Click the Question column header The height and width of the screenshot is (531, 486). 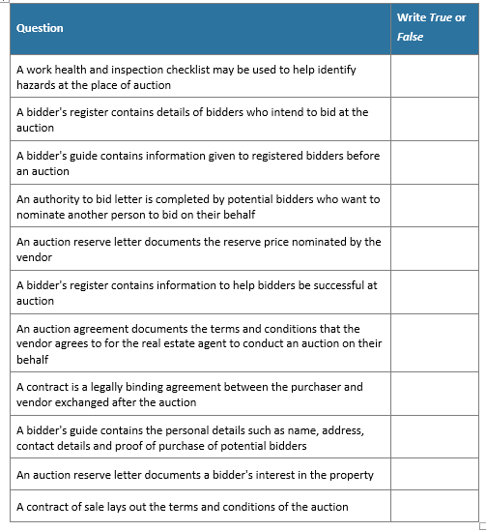point(40,28)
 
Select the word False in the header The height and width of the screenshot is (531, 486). point(410,37)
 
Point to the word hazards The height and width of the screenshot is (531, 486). point(37,85)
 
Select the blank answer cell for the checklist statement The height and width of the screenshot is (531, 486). point(436,77)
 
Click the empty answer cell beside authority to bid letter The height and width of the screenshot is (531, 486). point(436,207)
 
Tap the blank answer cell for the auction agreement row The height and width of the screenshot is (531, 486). point(436,343)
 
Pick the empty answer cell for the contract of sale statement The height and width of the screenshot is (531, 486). point(436,507)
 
